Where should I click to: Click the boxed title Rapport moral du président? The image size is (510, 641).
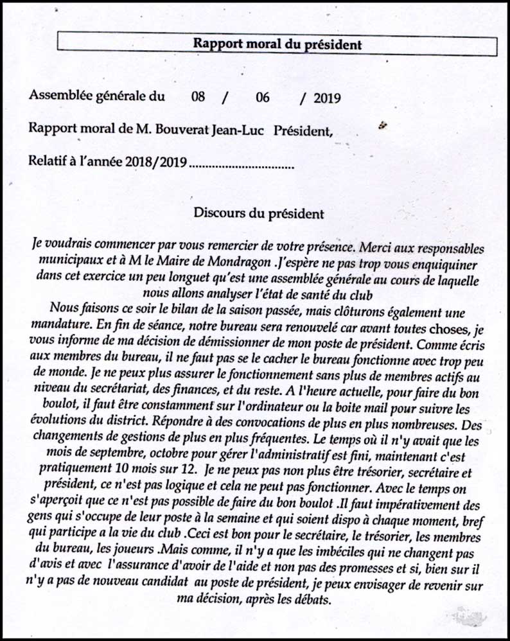(277, 44)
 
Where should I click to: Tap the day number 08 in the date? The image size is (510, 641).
(198, 98)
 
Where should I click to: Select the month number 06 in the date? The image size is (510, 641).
(262, 98)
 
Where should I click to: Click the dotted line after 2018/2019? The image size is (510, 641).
(242, 164)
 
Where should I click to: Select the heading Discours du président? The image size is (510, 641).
(258, 212)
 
